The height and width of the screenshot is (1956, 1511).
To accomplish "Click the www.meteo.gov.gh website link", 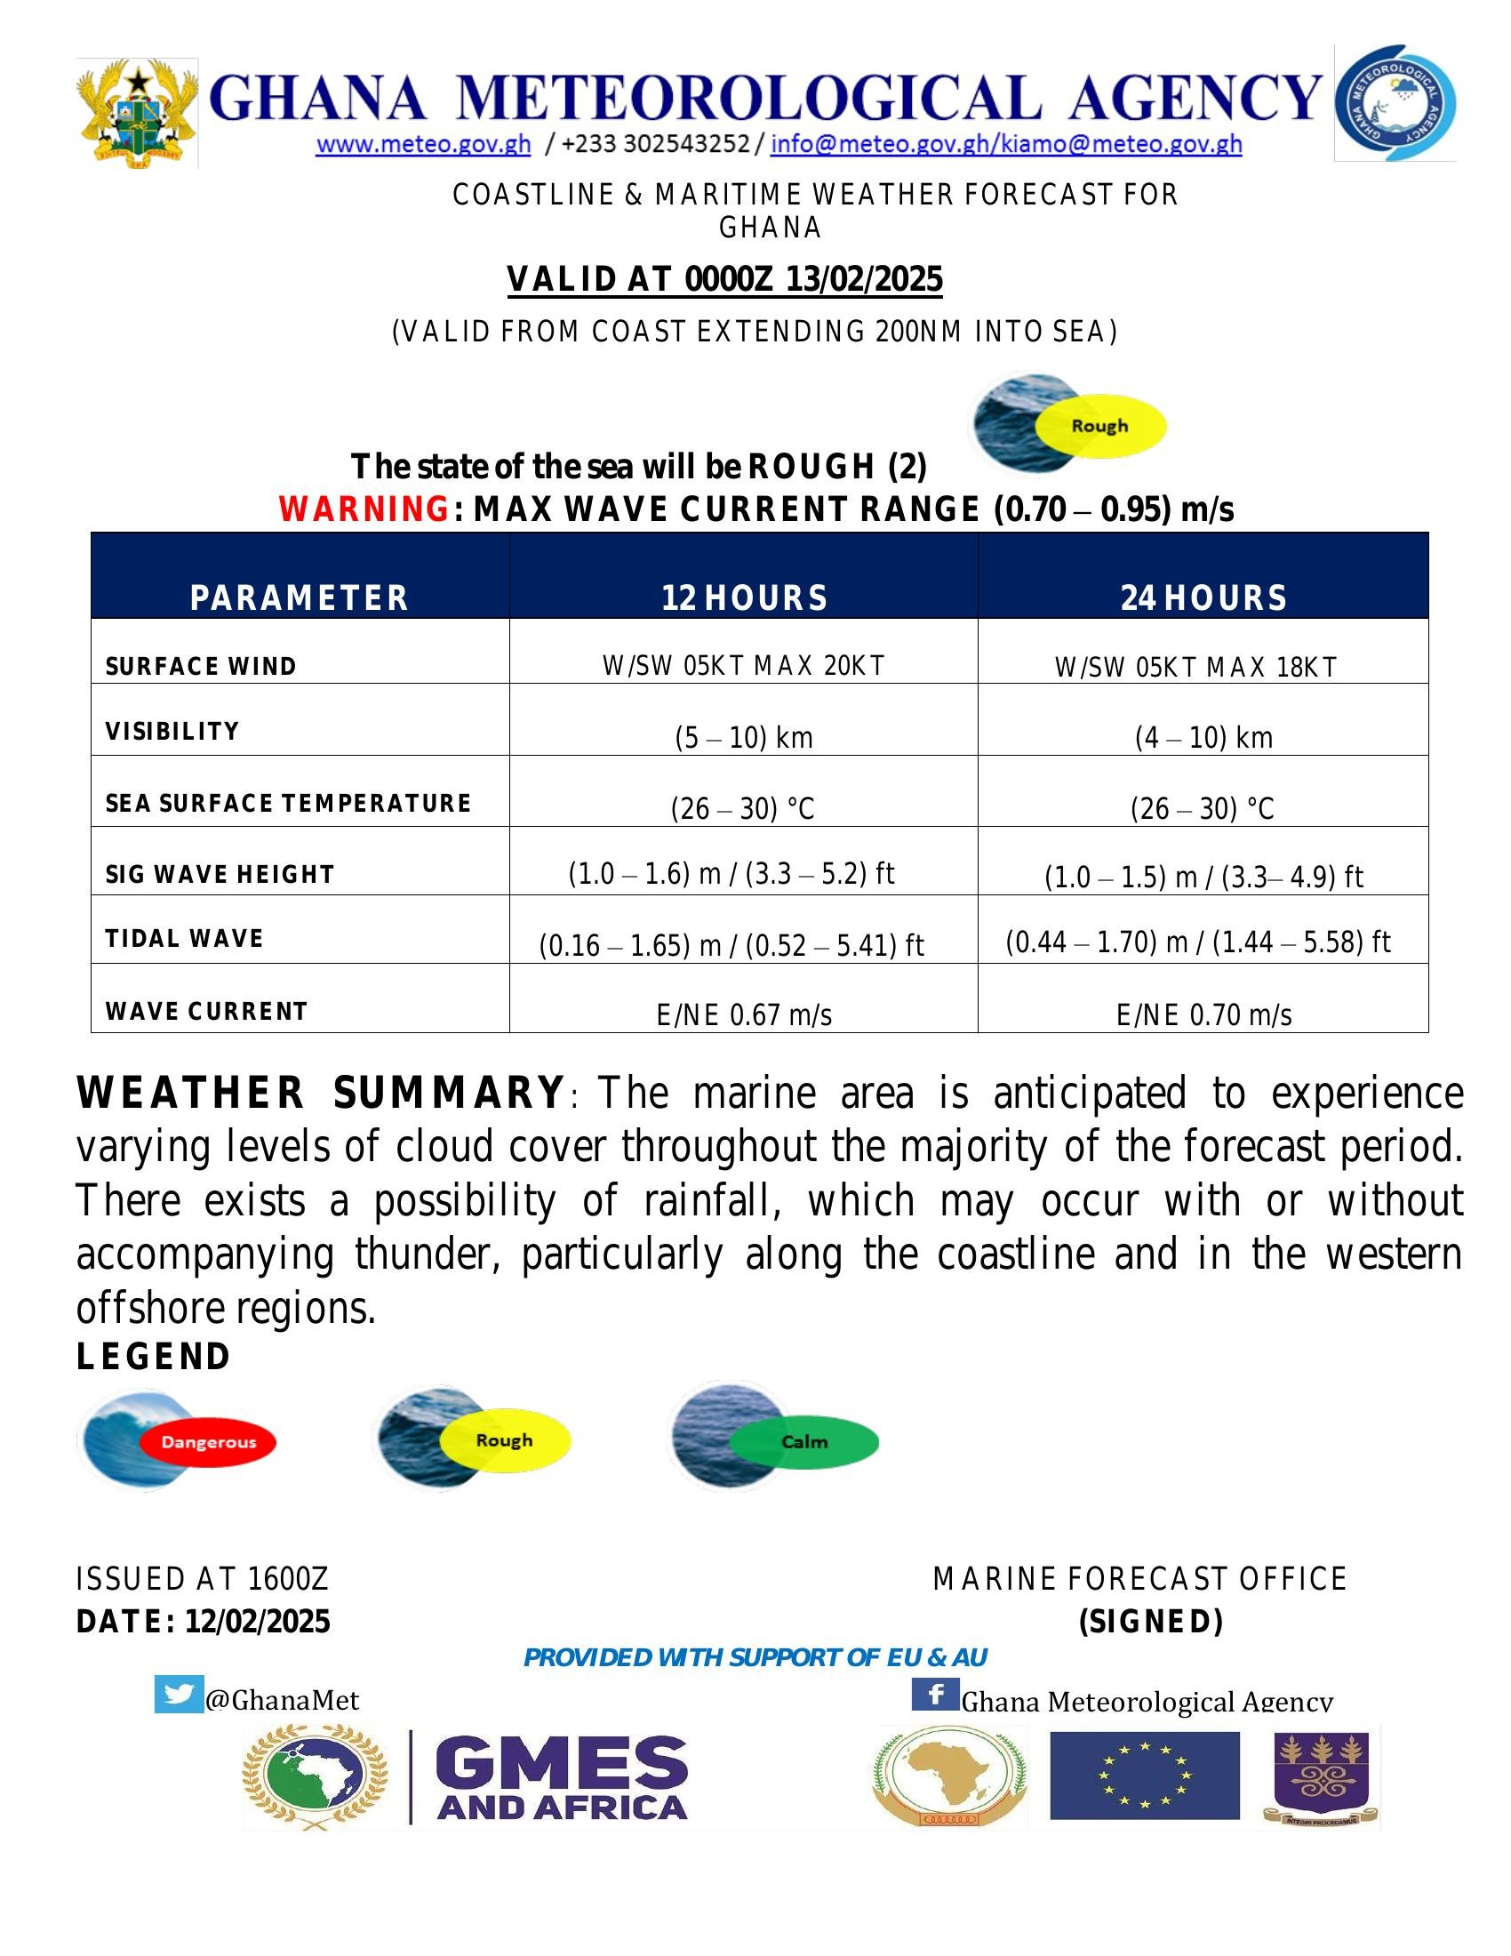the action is (422, 144).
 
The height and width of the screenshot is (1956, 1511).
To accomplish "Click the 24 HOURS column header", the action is (1203, 597).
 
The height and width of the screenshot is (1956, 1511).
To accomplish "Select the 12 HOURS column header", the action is (744, 597).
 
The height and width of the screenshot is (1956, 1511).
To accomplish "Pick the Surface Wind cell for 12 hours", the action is (743, 665).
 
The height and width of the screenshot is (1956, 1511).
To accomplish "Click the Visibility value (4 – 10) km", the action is (1203, 737).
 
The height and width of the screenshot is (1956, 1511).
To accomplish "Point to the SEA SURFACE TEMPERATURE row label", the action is (288, 803).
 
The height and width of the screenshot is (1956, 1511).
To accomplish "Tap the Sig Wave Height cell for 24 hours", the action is (1203, 876).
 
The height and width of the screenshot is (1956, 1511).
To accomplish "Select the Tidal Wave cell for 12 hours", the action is (732, 945).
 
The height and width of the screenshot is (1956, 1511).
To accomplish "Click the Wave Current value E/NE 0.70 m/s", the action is (1203, 1014).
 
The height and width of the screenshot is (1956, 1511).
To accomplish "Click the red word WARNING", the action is (364, 509).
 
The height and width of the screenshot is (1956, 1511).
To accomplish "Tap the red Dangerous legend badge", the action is (209, 1442).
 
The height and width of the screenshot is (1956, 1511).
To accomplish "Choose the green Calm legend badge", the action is (803, 1442).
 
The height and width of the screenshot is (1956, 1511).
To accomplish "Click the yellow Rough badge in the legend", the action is (504, 1440).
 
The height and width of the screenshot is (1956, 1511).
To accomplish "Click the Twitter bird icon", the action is (178, 1695).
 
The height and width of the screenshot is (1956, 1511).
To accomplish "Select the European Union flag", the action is (1144, 1776).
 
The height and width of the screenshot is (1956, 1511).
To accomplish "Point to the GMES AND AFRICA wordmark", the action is (561, 1779).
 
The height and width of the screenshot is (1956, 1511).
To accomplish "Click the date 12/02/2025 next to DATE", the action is (258, 1621).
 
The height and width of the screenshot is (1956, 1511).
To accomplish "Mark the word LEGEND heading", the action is (154, 1357).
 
